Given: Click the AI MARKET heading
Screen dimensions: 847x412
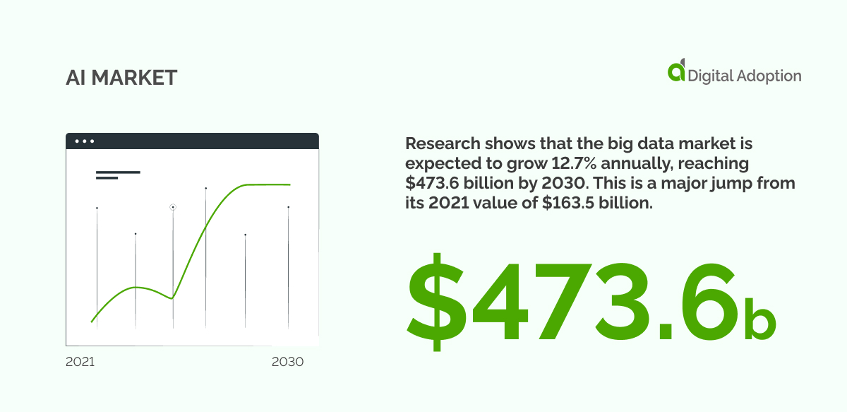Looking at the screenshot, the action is (121, 78).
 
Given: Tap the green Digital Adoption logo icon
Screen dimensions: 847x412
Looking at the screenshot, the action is (676, 71).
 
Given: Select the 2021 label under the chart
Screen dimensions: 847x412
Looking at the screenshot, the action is (80, 362).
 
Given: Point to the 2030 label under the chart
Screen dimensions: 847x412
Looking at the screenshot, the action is (287, 362).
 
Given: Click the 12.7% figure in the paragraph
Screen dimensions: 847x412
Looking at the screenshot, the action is (574, 163).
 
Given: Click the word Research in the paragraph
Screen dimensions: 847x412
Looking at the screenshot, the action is (443, 143).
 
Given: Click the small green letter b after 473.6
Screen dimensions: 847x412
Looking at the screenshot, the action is (760, 319).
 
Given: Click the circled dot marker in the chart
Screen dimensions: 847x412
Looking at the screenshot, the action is (173, 207).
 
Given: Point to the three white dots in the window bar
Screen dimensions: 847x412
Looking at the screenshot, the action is (85, 141).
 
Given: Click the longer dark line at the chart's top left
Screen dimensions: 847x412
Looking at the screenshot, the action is (118, 172).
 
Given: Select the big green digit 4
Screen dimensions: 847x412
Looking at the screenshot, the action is (498, 302).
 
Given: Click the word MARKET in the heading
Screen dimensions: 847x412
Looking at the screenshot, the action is (134, 78).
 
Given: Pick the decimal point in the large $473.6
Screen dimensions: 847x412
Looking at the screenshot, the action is (665, 331).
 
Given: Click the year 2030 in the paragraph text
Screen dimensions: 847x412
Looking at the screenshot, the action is (564, 183).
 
